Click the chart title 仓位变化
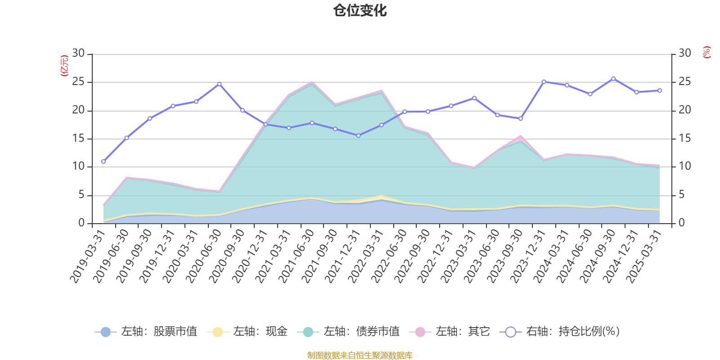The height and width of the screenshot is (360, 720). coord(360,10)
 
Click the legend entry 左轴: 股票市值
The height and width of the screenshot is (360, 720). coord(146,332)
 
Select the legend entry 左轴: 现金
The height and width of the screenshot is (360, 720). coord(247,332)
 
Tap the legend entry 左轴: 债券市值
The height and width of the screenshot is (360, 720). coord(348,332)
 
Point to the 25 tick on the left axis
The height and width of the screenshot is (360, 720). coord(79,82)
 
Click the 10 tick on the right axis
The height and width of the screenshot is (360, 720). coord(684,166)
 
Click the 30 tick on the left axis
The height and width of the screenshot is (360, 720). coord(79,53)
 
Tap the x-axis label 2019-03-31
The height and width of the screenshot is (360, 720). coord(88,256)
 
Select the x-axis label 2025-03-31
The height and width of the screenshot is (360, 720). coord(645,256)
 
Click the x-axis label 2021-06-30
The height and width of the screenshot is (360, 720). coord(297,256)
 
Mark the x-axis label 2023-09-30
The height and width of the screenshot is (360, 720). coord(506,256)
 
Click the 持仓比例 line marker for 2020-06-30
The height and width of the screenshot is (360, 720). coord(219,84)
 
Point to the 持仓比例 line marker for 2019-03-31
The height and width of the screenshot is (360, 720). coord(103,161)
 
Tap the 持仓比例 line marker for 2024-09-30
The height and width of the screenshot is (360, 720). coord(613,79)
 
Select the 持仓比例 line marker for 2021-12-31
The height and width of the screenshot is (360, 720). coord(359,135)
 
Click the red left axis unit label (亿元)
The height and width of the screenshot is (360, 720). coord(64,66)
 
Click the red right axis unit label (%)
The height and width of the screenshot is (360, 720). coord(707,52)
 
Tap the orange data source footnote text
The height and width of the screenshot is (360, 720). coord(360,355)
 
